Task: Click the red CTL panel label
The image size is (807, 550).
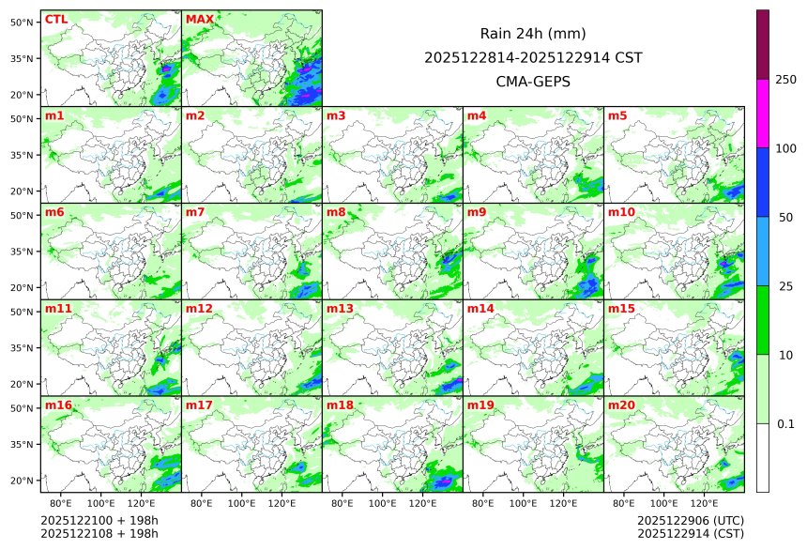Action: tap(55, 20)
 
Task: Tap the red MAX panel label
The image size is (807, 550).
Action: tap(199, 20)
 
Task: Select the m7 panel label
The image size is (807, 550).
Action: tap(195, 213)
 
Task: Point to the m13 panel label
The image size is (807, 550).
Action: tap(340, 309)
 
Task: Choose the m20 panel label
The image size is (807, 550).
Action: tap(621, 405)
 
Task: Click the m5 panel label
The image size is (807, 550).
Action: tap(617, 116)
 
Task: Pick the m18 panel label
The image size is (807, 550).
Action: tap(340, 405)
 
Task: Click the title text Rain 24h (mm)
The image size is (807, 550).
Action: tap(533, 34)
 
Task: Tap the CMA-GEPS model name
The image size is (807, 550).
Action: tap(533, 82)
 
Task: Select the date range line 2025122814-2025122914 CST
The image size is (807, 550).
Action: tap(533, 57)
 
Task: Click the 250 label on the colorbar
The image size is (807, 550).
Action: tap(786, 80)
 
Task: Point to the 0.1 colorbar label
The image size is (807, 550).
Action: tap(786, 424)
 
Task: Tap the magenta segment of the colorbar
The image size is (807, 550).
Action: tap(763, 114)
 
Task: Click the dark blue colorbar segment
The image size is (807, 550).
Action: tap(763, 182)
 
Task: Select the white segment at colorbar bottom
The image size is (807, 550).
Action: tap(763, 458)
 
